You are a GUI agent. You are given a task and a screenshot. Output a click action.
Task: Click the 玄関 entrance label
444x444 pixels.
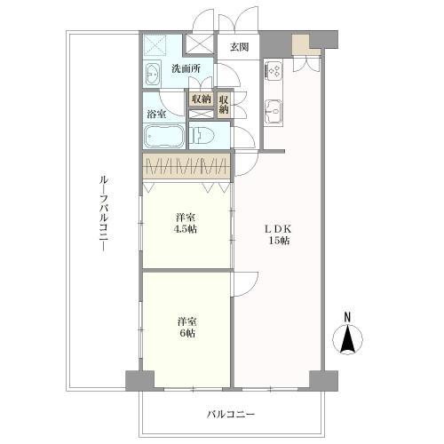coord(239,48)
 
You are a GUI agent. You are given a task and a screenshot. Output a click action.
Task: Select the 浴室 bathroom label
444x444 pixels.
coord(156,113)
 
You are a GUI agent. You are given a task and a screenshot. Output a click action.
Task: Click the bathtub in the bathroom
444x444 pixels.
coord(164,138)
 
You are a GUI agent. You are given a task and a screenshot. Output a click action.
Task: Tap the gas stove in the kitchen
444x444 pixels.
coord(273,68)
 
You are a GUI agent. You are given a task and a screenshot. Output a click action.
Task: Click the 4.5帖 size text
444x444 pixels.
coord(185,227)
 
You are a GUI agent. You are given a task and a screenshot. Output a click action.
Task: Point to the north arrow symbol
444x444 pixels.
coord(349,340)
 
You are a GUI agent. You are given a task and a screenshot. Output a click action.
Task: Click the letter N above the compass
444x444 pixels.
coord(348,317)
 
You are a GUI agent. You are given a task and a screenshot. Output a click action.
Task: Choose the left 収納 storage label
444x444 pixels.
coord(201,99)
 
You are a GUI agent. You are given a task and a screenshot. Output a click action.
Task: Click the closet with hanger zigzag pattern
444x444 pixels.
coord(186,166)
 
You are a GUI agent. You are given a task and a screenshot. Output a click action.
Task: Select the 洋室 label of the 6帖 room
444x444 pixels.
coord(185,321)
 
